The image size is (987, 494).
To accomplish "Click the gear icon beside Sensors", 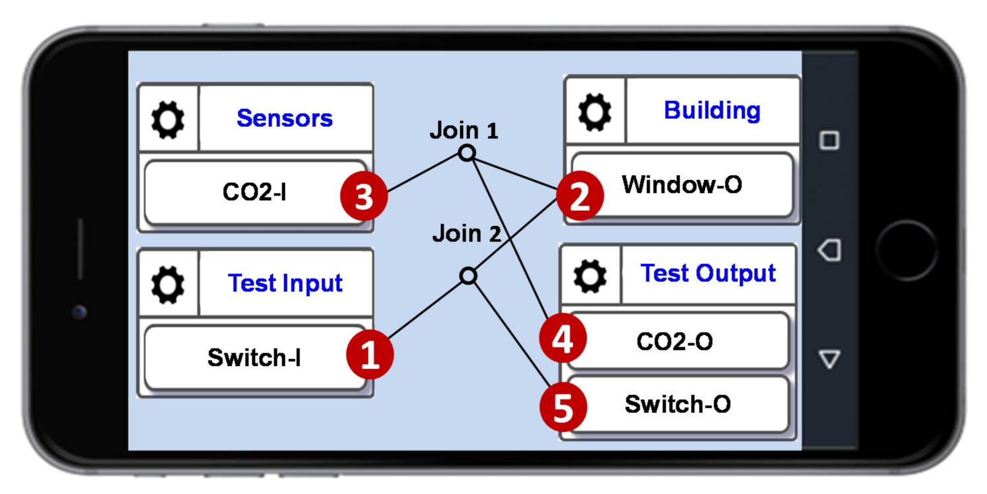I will point(168,120).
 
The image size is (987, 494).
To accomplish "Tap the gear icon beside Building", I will point(594,112).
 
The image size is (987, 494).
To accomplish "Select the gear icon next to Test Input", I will point(168,285).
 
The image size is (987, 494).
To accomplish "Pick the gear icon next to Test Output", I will point(590,276).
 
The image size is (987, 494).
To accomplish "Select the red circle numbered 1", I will point(370,354).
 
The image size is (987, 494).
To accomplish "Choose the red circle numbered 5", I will point(564,407).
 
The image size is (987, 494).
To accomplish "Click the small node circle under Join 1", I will point(467,153).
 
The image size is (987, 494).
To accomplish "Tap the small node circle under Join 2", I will point(468,275).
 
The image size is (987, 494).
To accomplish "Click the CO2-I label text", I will point(254,192).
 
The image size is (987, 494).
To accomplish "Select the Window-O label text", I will point(682,184).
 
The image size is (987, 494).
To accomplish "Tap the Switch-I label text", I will point(254,357).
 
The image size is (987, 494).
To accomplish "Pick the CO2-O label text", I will point(674,341).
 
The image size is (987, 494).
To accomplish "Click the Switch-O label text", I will point(677,404).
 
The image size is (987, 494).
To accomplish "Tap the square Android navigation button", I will point(829,140).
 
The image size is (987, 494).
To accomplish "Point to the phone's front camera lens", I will point(79,312).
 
